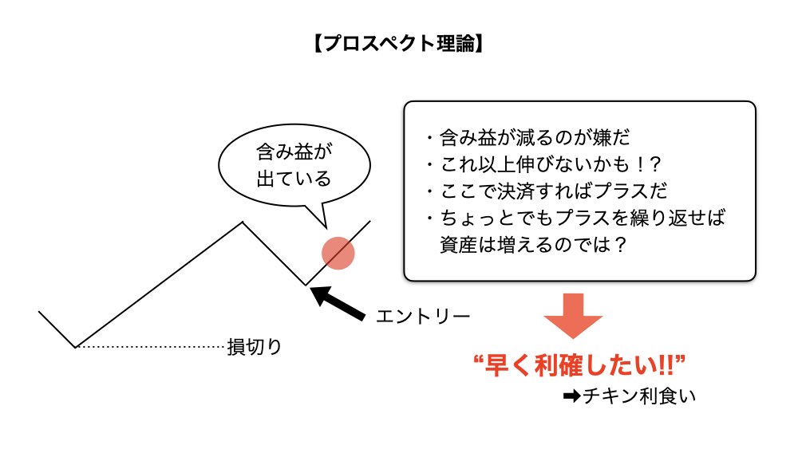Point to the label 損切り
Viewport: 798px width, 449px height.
click(x=255, y=347)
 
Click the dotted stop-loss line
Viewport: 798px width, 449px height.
click(x=152, y=347)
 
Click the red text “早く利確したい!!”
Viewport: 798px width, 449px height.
click(x=580, y=367)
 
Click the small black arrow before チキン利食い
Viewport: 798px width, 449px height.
click(x=571, y=395)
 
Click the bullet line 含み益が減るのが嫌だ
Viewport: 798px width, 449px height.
click(x=527, y=138)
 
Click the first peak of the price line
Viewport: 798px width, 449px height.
click(x=243, y=222)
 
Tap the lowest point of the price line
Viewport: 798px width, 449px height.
click(x=76, y=347)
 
